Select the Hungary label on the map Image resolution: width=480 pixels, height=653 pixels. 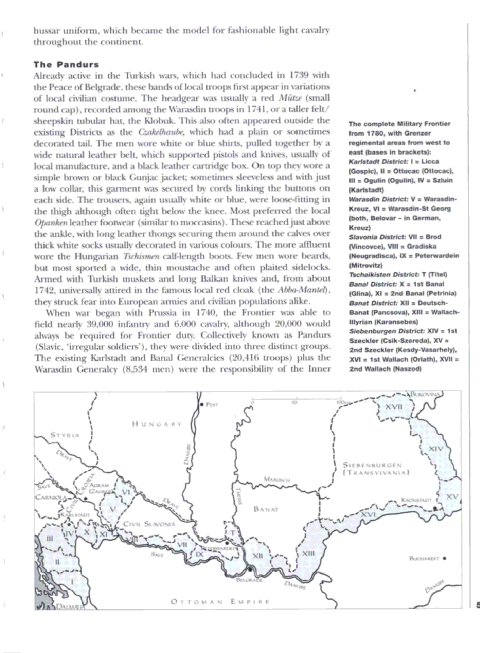tap(157, 424)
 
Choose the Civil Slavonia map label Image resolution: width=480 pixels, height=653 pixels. tap(149, 524)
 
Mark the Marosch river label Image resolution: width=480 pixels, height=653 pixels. tap(277, 479)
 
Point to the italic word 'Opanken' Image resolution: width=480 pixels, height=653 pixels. tap(51, 222)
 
